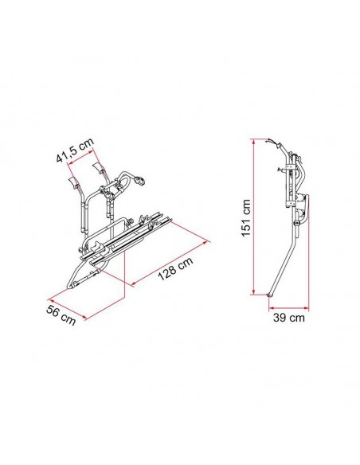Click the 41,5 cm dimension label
click(75, 150)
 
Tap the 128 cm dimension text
click(175, 268)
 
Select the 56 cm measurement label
click(61, 315)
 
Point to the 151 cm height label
click(246, 217)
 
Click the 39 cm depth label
click(288, 318)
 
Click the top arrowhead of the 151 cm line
click(253, 142)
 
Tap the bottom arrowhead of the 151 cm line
click(253, 291)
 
